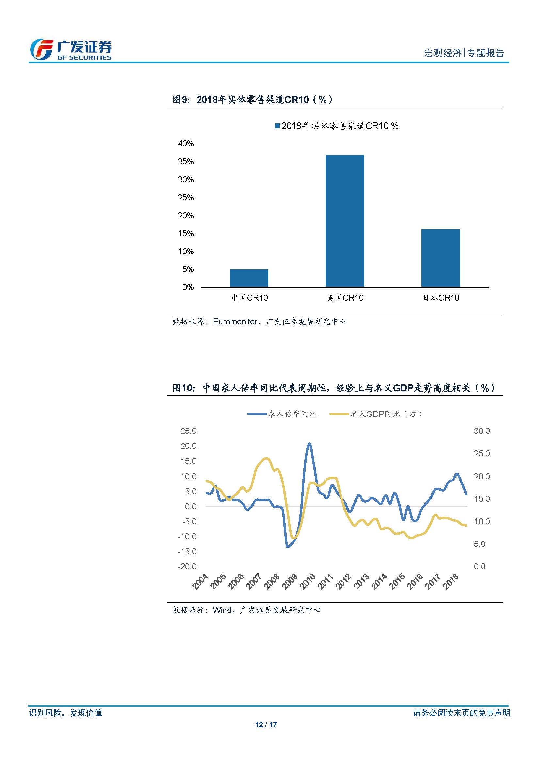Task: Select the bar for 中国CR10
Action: pos(249,278)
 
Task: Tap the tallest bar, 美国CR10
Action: pos(344,221)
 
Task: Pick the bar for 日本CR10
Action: pos(440,258)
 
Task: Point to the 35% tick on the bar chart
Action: pos(185,162)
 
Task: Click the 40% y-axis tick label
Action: pos(185,144)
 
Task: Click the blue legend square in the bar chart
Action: pos(277,126)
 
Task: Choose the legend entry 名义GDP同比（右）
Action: pos(376,414)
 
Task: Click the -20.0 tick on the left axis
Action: pos(187,566)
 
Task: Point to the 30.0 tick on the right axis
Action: pos(482,431)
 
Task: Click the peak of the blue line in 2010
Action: pos(309,444)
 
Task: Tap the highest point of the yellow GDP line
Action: pos(267,459)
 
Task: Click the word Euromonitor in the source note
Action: pos(235,322)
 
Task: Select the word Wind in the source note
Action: pos(222,610)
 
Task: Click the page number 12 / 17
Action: pos(266,725)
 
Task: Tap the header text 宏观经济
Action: pos(443,53)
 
